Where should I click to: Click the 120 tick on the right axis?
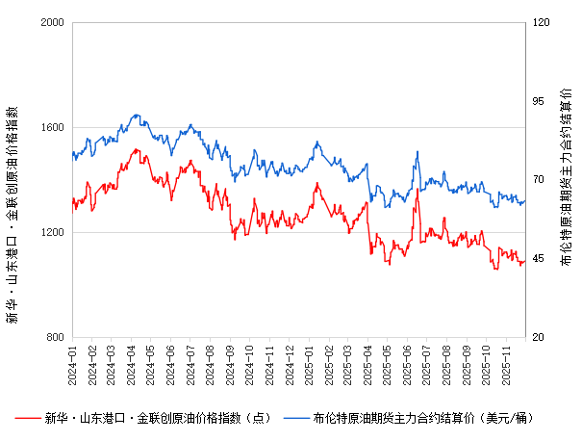(x=542, y=22)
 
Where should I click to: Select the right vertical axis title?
(x=567, y=180)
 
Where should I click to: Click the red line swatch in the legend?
(x=27, y=418)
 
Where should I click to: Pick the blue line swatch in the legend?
(x=295, y=418)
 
